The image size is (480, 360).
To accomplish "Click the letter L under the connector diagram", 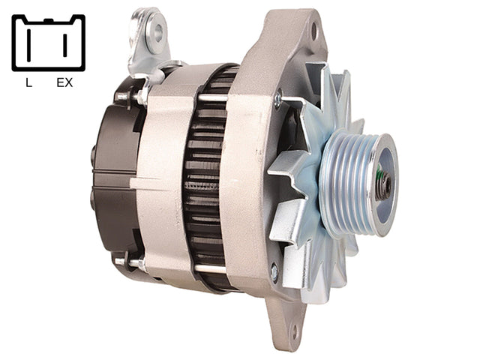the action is pyautogui.click(x=28, y=82).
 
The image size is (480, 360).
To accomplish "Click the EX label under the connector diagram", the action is pyautogui.click(x=64, y=82).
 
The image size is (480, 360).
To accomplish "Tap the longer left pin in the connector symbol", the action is pyautogui.click(x=28, y=45).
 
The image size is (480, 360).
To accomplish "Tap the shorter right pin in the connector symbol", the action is pyautogui.click(x=65, y=45).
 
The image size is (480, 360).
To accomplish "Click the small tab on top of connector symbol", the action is pyautogui.click(x=48, y=20).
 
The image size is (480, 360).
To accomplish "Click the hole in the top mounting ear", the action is pyautogui.click(x=314, y=31).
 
